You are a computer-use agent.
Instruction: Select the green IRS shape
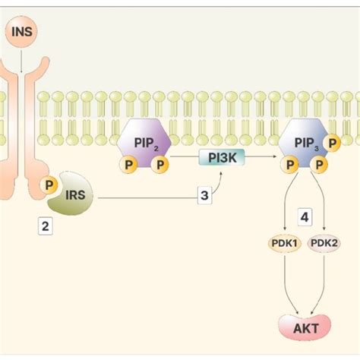point(72,200)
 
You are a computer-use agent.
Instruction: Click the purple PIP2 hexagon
point(144,141)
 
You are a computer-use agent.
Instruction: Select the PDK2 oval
point(324,244)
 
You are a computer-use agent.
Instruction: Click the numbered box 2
point(46,226)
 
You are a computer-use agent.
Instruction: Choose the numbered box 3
point(204,196)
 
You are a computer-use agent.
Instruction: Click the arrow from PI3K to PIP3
point(254,158)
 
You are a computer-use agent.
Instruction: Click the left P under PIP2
point(129,164)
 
